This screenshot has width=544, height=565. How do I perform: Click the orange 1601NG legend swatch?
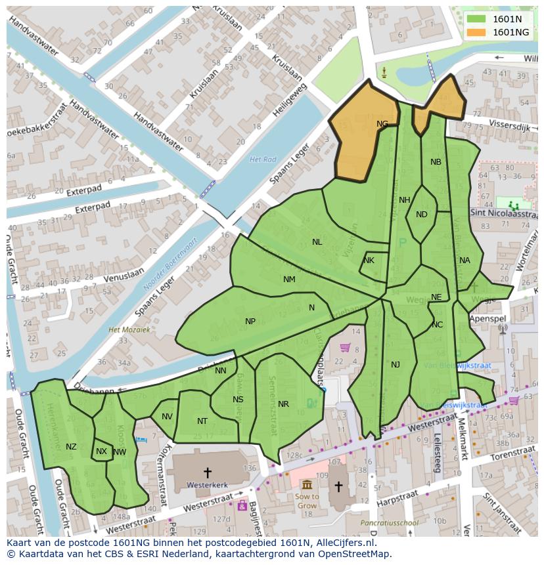[477, 32]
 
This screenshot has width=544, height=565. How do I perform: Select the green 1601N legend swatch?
[477, 19]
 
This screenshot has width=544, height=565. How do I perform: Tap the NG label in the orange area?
[382, 123]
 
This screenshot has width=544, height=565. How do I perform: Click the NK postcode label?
[369, 261]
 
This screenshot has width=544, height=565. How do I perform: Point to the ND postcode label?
[422, 215]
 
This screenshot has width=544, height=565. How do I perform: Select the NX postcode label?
[101, 451]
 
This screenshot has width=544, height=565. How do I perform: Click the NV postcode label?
[167, 417]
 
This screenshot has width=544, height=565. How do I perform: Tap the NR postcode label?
[283, 404]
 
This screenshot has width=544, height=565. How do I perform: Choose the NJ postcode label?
[396, 365]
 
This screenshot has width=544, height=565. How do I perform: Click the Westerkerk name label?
[207, 485]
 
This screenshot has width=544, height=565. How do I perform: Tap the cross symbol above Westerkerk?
[208, 472]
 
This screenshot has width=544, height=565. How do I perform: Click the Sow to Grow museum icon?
[307, 484]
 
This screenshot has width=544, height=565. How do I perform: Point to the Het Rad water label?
[263, 159]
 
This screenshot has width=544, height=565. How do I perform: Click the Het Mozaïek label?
[129, 329]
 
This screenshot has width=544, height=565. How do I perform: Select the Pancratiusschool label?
[390, 523]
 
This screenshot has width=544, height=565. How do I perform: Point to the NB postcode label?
[436, 162]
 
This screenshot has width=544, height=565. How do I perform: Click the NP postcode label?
[250, 322]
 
